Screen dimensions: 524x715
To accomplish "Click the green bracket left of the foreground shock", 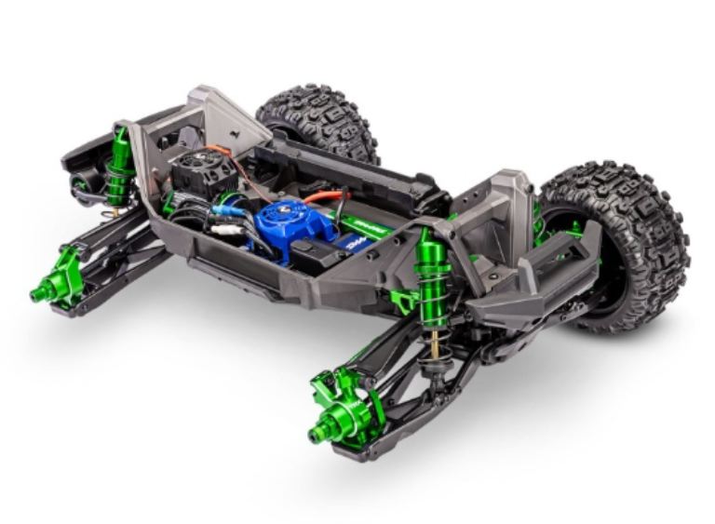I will (x=402, y=299).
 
